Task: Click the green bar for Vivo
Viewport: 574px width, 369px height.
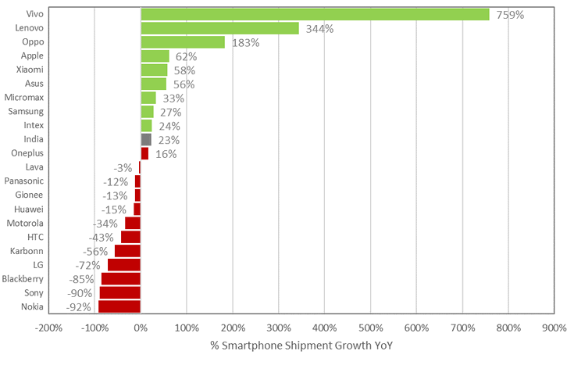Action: (315, 14)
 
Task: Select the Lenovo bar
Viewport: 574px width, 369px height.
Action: (219, 28)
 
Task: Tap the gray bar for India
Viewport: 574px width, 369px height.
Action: (146, 139)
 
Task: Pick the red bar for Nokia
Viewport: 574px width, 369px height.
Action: (119, 306)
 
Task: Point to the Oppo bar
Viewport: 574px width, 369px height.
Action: (183, 42)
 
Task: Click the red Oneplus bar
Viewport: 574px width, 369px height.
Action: (144, 153)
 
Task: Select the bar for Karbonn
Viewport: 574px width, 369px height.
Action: (128, 251)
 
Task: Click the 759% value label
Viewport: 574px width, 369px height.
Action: (510, 15)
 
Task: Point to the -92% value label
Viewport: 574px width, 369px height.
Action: (79, 307)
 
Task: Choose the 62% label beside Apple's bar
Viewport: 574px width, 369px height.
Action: (186, 57)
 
